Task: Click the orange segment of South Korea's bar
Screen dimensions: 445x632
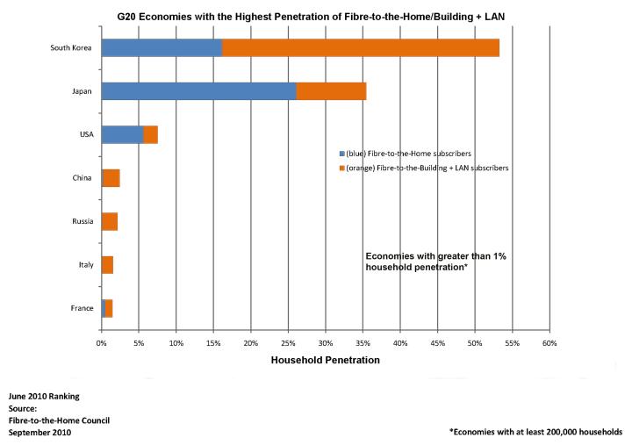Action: pos(360,47)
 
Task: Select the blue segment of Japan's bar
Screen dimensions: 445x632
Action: pos(198,91)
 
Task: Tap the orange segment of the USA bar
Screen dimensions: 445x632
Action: pos(151,134)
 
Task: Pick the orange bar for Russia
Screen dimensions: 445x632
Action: pos(110,221)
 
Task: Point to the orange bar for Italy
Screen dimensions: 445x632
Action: pos(107,264)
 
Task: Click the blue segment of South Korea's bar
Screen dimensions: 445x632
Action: pos(162,47)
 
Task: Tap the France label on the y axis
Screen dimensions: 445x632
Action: pos(82,308)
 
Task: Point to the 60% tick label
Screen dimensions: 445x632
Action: pos(549,342)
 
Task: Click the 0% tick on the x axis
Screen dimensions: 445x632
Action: pos(102,342)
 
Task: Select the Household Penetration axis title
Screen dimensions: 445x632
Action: pos(325,360)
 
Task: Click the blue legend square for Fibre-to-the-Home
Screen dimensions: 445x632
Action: pos(341,151)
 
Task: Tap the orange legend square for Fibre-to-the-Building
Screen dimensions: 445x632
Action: pos(341,166)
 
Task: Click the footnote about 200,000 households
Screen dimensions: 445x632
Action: pos(535,432)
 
